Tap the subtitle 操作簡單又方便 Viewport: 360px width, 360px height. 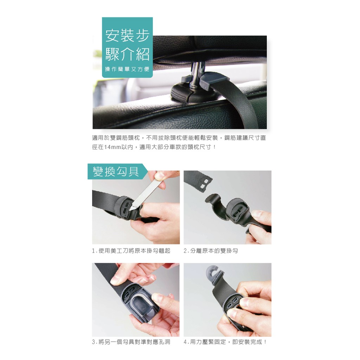(127, 69)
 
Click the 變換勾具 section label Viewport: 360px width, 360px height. (116, 172)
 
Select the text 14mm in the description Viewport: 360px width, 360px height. (112, 147)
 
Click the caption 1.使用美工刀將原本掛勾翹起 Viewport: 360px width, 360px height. (131, 251)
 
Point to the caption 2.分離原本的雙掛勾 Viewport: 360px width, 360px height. (211, 251)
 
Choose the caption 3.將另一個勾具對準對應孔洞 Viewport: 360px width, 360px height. (131, 342)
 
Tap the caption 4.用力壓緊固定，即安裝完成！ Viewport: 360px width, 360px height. (225, 342)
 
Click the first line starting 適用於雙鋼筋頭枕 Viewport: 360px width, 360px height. (179, 138)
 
